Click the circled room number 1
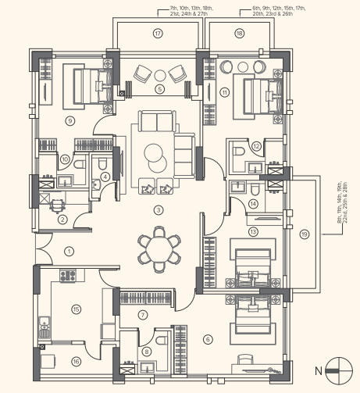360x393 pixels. (x=69, y=252)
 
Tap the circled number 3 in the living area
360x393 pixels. (x=158, y=209)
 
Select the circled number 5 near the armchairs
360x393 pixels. (x=159, y=89)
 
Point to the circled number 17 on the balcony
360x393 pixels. (x=158, y=34)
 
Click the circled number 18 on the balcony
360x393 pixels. (x=239, y=34)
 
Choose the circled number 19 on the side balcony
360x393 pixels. (x=304, y=232)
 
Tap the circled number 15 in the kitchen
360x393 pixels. (x=75, y=309)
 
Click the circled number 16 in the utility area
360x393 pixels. (x=75, y=361)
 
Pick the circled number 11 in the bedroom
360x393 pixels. (x=224, y=92)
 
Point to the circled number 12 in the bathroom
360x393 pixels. (x=256, y=146)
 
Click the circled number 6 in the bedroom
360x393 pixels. (x=207, y=338)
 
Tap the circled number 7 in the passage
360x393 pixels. (x=142, y=314)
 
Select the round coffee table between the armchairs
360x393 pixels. (x=159, y=75)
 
